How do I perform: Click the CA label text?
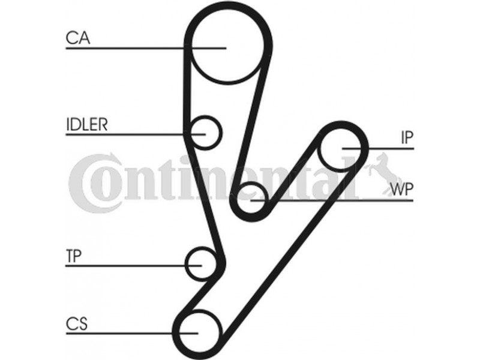pyautogui.click(x=77, y=38)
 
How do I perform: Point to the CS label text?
pyautogui.click(x=77, y=325)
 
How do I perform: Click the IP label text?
pyautogui.click(x=407, y=138)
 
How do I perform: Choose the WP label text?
pyautogui.click(x=401, y=190)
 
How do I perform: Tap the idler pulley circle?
pyautogui.click(x=206, y=131)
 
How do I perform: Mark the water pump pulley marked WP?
pyautogui.click(x=251, y=200)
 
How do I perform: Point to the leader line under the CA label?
pyautogui.click(x=120, y=47)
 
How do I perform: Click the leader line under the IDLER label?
pyautogui.click(x=120, y=133)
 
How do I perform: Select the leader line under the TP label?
pyautogui.click(x=120, y=265)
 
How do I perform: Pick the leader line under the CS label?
pyautogui.click(x=120, y=333)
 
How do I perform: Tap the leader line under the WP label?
pyautogui.click(x=360, y=200)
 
